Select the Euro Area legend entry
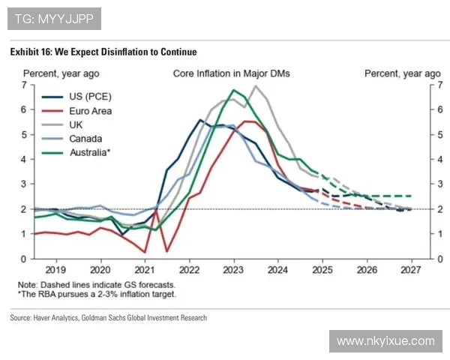click(x=91, y=110)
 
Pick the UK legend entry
click(x=76, y=124)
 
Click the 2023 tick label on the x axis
click(x=233, y=268)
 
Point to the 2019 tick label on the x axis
click(x=56, y=268)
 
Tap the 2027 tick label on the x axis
click(x=410, y=268)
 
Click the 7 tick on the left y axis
click(x=25, y=85)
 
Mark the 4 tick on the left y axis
click(x=25, y=159)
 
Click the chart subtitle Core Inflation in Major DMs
click(x=231, y=73)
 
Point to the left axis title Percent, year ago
click(x=61, y=73)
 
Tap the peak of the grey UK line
click(x=255, y=86)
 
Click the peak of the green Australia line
click(x=234, y=90)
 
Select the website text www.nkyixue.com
click(x=385, y=341)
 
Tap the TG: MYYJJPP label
click(x=54, y=18)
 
